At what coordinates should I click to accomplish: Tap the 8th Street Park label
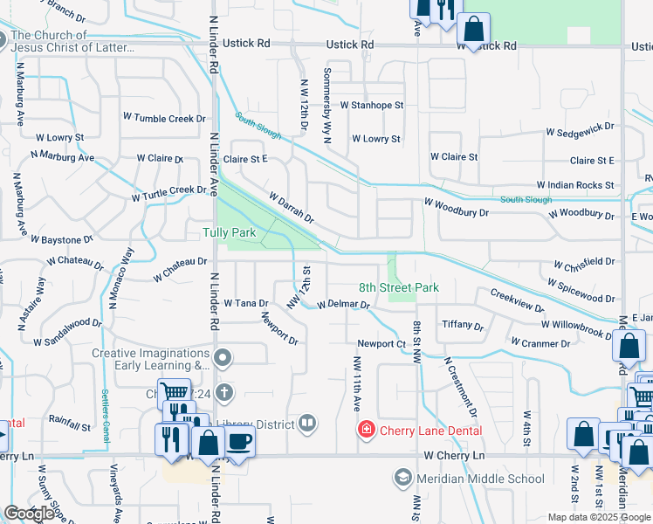pyautogui.click(x=398, y=287)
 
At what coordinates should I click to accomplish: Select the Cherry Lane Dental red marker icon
pyautogui.click(x=367, y=430)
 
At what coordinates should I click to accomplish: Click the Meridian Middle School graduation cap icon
pyautogui.click(x=402, y=478)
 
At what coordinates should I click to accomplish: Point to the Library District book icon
pyautogui.click(x=306, y=424)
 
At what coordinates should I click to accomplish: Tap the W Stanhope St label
pyautogui.click(x=372, y=105)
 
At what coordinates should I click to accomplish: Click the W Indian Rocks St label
pyautogui.click(x=575, y=185)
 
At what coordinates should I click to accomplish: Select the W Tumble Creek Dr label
pyautogui.click(x=164, y=118)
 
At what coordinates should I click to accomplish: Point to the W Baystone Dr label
pyautogui.click(x=61, y=238)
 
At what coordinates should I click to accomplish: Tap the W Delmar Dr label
pyautogui.click(x=343, y=306)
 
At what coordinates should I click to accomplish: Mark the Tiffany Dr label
pyautogui.click(x=463, y=325)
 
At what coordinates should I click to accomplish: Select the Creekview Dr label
pyautogui.click(x=517, y=301)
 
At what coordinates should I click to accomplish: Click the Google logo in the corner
pyautogui.click(x=29, y=514)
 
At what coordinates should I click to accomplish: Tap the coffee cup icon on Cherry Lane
pyautogui.click(x=240, y=441)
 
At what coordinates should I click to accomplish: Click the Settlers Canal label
pyautogui.click(x=106, y=413)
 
